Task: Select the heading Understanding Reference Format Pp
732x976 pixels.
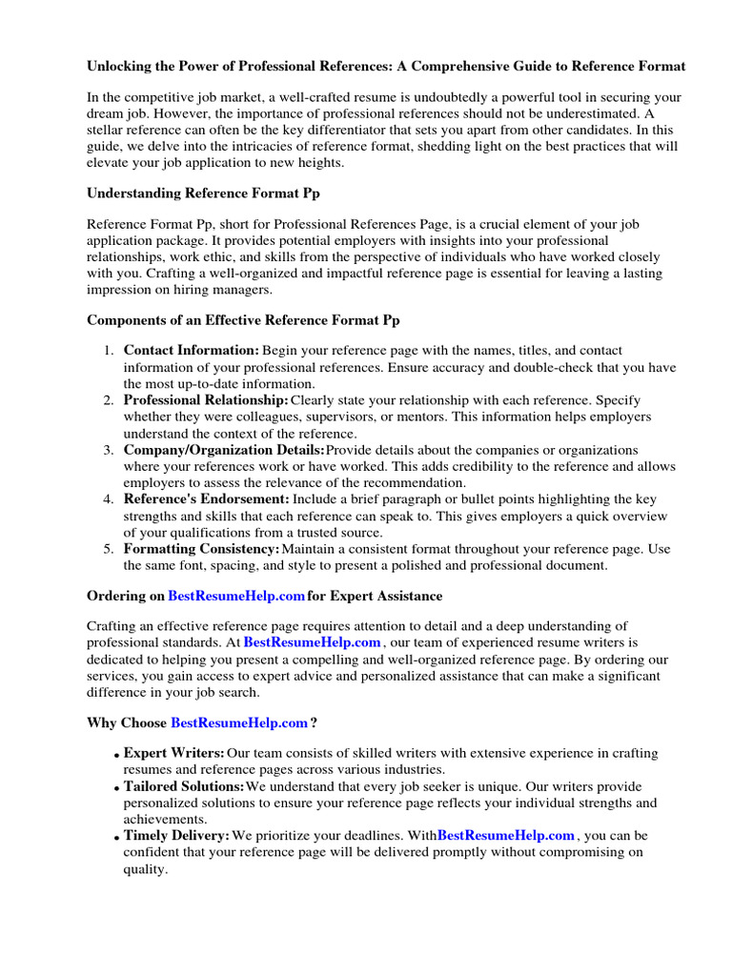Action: (x=203, y=193)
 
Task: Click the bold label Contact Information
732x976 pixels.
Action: (x=191, y=351)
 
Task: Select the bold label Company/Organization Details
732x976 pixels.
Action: (x=224, y=450)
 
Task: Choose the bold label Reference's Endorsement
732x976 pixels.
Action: (x=206, y=499)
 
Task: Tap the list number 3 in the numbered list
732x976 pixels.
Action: (x=109, y=450)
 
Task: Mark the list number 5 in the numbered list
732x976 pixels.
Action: (x=109, y=549)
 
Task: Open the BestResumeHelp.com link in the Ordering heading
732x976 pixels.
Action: (x=236, y=596)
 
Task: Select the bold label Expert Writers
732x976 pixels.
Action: (x=174, y=753)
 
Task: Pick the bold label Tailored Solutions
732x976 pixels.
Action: (x=184, y=786)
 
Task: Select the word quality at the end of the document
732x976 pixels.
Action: (x=145, y=869)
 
